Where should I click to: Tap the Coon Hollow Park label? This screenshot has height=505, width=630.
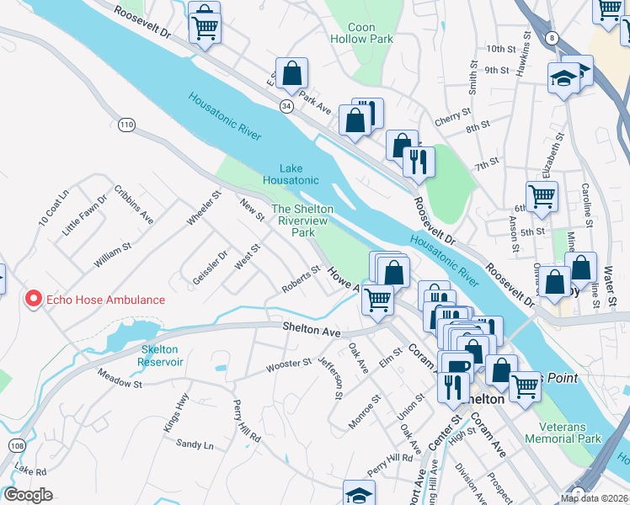(361, 33)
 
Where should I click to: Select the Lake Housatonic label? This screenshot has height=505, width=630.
(291, 174)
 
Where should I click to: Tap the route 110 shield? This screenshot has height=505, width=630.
(126, 125)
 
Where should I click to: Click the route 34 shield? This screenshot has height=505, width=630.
(287, 106)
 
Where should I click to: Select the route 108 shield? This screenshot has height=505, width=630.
(16, 444)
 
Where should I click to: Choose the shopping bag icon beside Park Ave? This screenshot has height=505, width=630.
(291, 74)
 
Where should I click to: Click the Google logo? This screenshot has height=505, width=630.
(28, 495)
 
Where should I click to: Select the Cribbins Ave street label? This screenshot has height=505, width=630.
(134, 206)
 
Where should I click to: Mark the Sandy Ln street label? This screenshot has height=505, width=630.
(195, 444)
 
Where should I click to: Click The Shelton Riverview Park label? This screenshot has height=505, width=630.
(302, 221)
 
